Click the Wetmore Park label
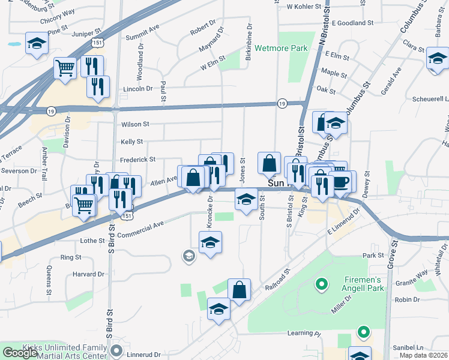(x=281, y=48)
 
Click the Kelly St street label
(x=131, y=142)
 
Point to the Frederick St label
(x=137, y=160)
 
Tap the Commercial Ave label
(x=140, y=225)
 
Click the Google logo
(x=19, y=353)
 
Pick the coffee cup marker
(x=341, y=181)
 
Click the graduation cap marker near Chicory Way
(x=37, y=43)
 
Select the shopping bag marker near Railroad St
(x=239, y=289)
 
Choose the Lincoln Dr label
(x=137, y=88)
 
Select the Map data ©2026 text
(x=423, y=355)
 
